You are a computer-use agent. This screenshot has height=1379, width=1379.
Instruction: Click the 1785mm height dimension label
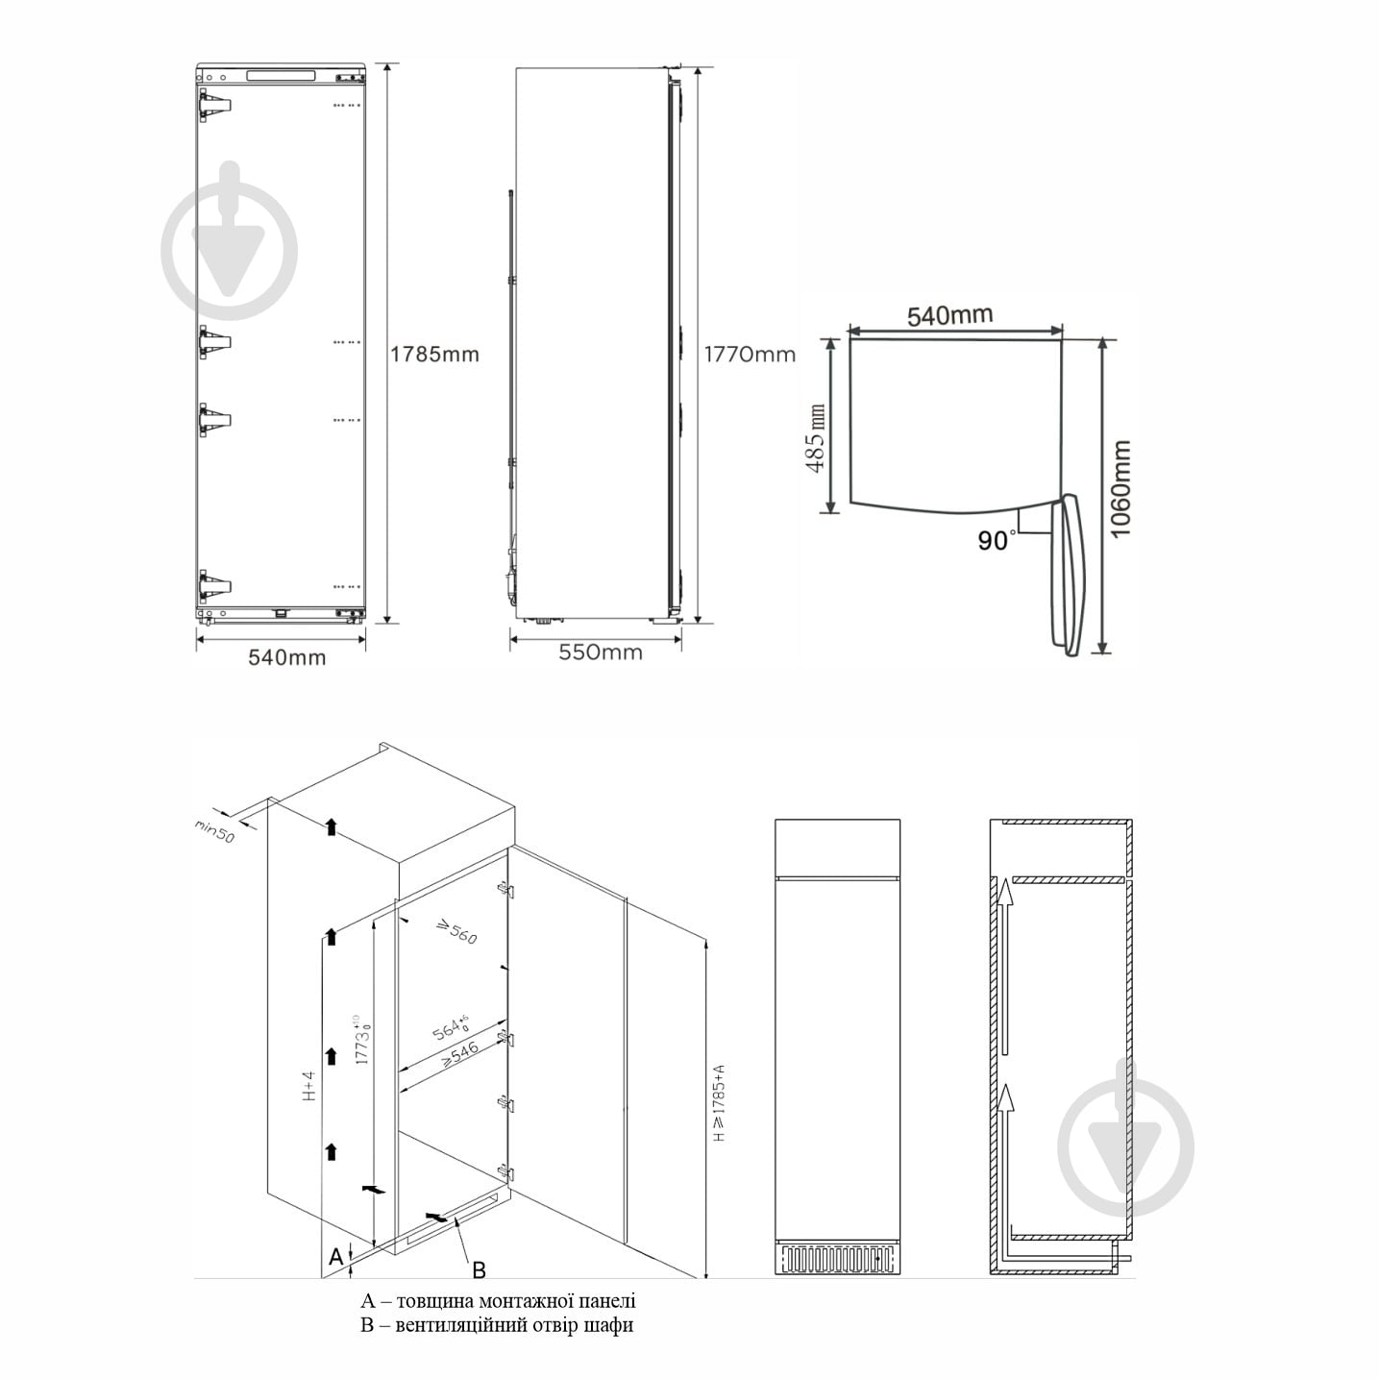pos(434,355)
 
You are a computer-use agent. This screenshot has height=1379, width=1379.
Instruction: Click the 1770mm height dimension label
pos(750,355)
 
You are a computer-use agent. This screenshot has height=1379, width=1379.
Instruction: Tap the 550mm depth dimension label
pos(601,652)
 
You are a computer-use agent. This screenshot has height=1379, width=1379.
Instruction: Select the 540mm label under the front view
pos(287,657)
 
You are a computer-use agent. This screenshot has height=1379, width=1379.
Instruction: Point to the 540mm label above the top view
pos(949,315)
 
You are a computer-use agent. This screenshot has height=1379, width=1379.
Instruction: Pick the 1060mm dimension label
pos(1120,489)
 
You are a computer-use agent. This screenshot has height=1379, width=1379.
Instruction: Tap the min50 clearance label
pos(215,831)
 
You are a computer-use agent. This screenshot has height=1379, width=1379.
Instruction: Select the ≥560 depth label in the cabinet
pos(456,932)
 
